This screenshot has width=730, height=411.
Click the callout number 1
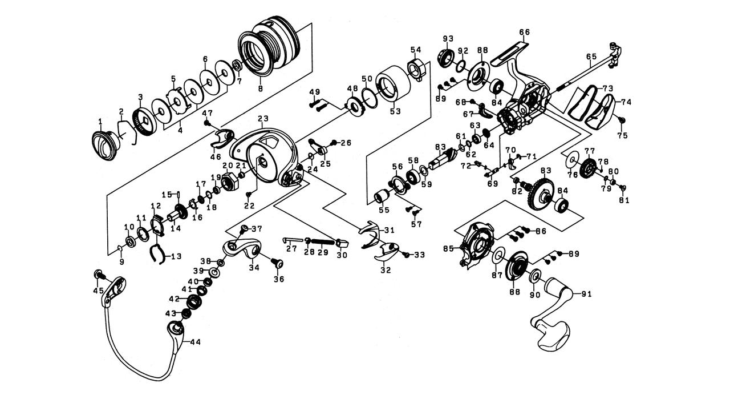(x=100, y=121)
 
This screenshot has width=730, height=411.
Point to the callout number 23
(x=263, y=119)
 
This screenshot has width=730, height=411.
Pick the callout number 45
(x=98, y=291)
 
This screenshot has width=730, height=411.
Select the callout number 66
(x=525, y=32)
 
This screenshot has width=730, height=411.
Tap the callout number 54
(x=415, y=49)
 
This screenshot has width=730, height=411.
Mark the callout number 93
(x=448, y=39)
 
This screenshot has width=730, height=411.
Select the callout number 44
(x=195, y=342)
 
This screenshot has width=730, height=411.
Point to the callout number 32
(x=386, y=270)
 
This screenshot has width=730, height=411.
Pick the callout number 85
(x=448, y=248)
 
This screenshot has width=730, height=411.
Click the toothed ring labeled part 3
(x=141, y=122)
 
